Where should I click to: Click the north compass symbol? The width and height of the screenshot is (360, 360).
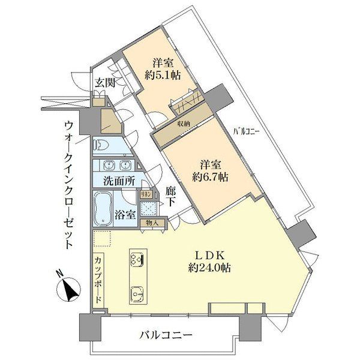[68, 287]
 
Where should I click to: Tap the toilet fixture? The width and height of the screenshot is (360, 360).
[101, 146]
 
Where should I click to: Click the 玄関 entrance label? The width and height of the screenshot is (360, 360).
[105, 83]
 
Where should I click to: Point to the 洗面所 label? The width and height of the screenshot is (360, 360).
[119, 181]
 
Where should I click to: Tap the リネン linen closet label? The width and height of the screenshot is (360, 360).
[146, 194]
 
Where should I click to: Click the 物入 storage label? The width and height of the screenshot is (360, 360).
[152, 223]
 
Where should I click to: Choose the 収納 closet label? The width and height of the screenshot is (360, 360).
[184, 124]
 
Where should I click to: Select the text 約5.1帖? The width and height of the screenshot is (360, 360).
[163, 76]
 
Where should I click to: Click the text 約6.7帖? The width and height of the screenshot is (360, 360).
[210, 177]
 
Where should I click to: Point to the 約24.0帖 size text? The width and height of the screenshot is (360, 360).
[209, 268]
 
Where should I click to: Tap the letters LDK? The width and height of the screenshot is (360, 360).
[209, 256]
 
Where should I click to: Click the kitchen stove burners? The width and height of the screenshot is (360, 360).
[137, 259]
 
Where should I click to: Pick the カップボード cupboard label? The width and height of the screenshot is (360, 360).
[98, 280]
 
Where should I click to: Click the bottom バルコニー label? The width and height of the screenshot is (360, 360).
[166, 336]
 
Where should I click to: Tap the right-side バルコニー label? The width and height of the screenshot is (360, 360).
[246, 132]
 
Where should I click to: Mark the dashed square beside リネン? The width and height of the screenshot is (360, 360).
[149, 208]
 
